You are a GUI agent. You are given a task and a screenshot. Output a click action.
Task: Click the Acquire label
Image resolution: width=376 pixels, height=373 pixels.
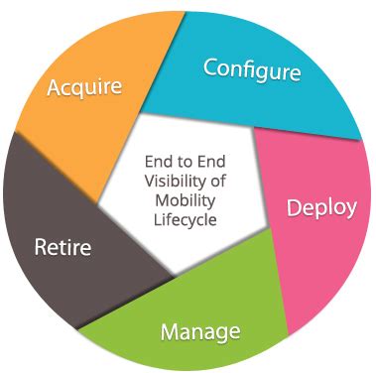point(84,87)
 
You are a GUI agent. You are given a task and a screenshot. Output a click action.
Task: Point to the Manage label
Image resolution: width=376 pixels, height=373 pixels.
point(200,329)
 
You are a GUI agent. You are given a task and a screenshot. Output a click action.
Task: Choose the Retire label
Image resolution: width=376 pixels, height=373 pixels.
point(63,244)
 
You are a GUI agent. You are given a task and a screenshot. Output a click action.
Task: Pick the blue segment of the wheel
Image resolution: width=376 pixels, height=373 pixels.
point(268,99)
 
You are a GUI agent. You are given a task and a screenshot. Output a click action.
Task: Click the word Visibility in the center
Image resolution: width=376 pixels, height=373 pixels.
point(180,181)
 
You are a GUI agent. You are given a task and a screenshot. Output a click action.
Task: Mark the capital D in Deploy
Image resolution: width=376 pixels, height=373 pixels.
point(294,208)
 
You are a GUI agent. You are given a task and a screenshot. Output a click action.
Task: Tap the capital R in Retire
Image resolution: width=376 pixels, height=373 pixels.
point(42,244)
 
